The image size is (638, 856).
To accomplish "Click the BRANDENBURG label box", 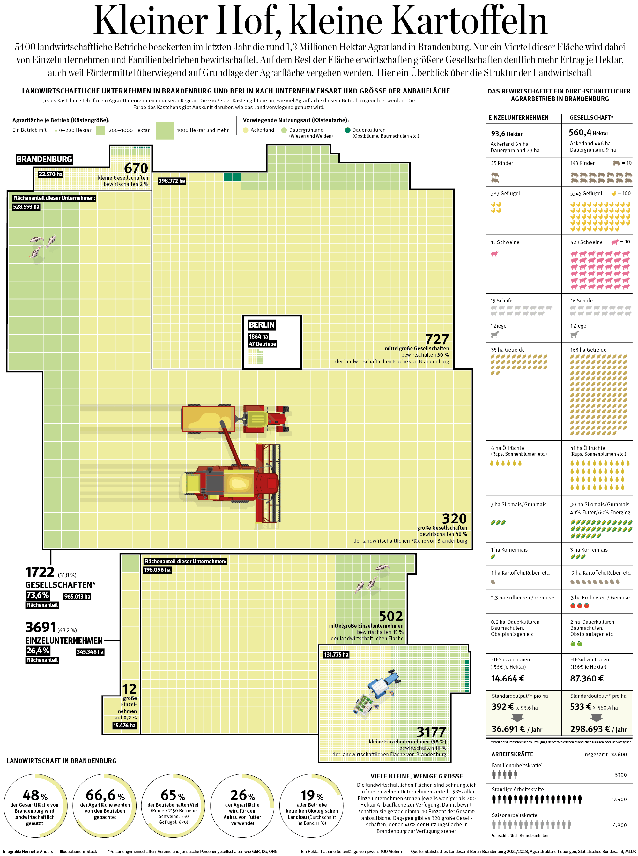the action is [x=44, y=159].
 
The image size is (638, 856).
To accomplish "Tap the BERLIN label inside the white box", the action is [x=262, y=324].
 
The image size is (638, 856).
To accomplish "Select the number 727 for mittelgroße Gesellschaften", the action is [x=437, y=339].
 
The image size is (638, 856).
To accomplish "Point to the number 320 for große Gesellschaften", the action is [x=454, y=518].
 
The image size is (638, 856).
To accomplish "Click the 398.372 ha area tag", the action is [x=172, y=181].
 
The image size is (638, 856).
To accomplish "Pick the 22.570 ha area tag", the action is [x=50, y=174].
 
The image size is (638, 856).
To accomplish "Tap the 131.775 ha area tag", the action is [x=336, y=654].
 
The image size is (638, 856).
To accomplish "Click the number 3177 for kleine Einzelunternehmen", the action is [x=431, y=732].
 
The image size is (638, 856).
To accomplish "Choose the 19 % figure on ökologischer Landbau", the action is [x=312, y=795].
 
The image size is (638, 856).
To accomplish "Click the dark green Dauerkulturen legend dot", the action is [x=348, y=130].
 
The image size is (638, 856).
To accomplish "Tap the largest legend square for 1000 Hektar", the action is [x=165, y=130].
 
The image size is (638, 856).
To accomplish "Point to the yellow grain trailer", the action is [x=209, y=419].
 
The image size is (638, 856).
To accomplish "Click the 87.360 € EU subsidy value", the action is [x=587, y=678].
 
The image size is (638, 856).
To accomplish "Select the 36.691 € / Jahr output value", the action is [x=517, y=729].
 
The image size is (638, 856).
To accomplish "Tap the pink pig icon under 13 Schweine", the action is [x=495, y=253].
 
